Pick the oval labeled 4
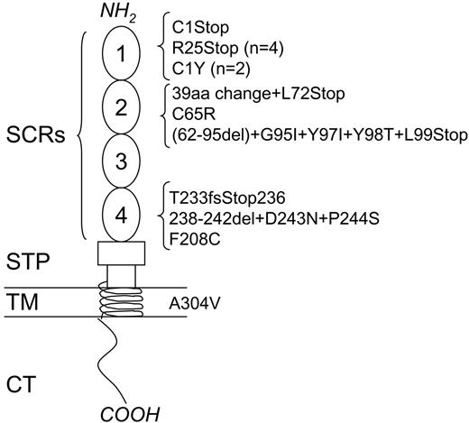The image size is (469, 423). [x=121, y=215]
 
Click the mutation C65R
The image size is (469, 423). [x=192, y=115]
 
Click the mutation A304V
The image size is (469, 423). [x=195, y=304]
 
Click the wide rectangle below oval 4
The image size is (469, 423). [x=121, y=251]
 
